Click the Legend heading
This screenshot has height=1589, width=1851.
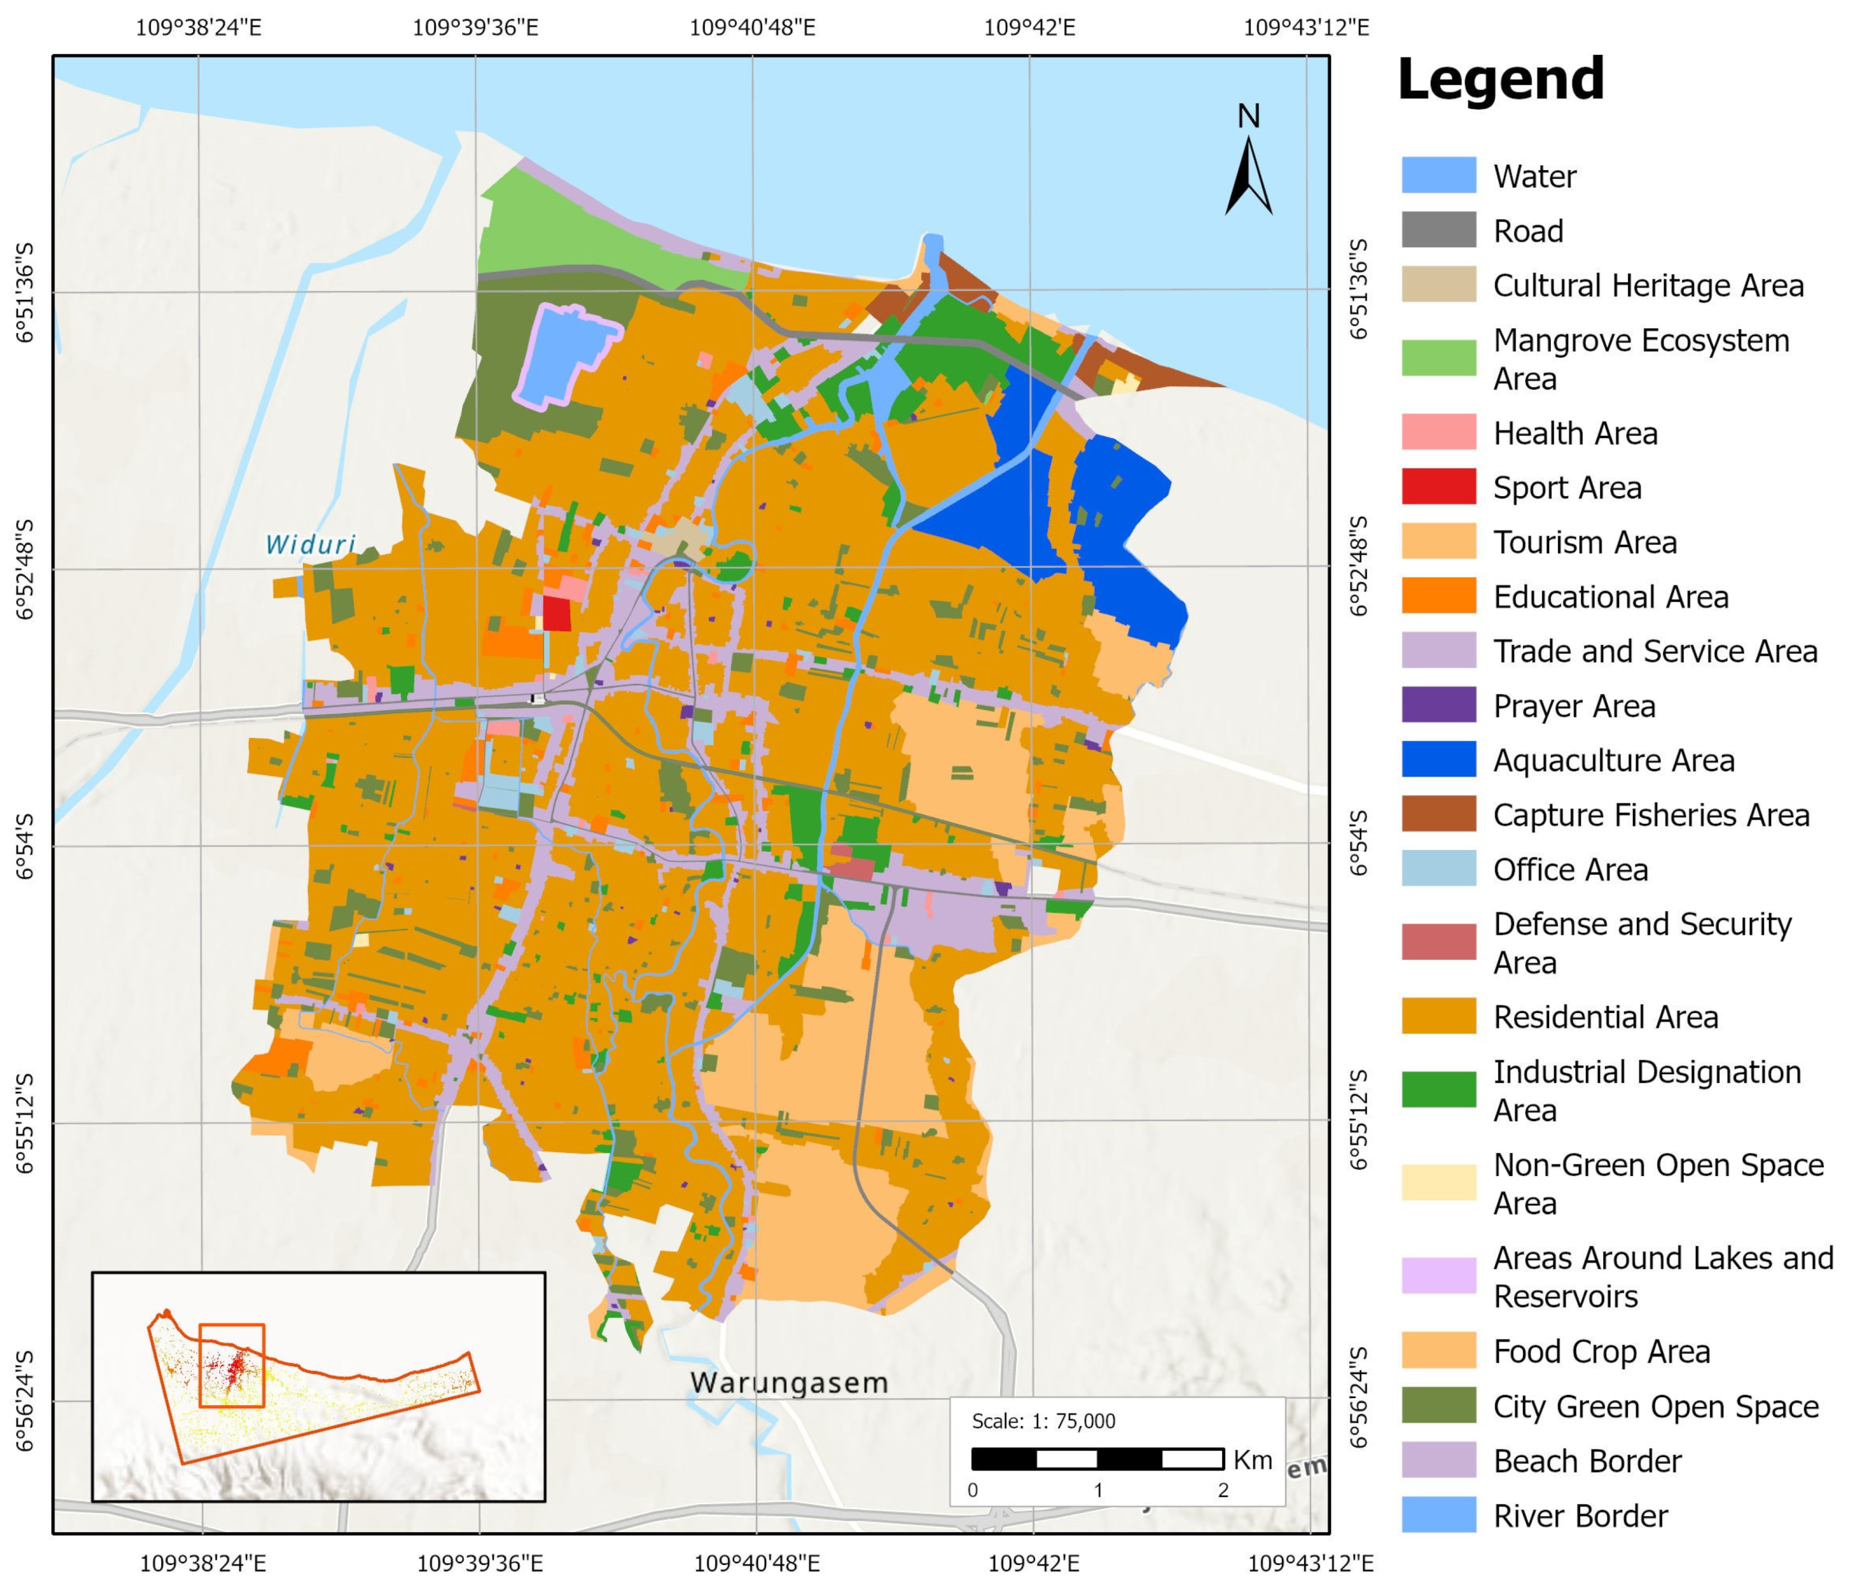click(1500, 80)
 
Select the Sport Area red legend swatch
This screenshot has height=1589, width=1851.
click(1437, 487)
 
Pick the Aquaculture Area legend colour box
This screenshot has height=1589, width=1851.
click(1437, 760)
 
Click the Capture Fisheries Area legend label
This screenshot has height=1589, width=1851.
click(1651, 815)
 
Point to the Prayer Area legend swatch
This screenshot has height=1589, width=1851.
click(1437, 705)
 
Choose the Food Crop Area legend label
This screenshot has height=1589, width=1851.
click(1601, 1351)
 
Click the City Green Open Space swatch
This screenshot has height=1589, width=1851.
click(1437, 1406)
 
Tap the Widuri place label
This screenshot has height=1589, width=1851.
click(310, 544)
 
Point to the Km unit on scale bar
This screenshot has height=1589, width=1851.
click(1252, 1460)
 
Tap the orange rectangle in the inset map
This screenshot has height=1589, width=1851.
click(232, 1366)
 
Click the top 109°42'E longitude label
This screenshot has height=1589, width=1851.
click(1029, 28)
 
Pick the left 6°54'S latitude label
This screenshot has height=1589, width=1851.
click(25, 846)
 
